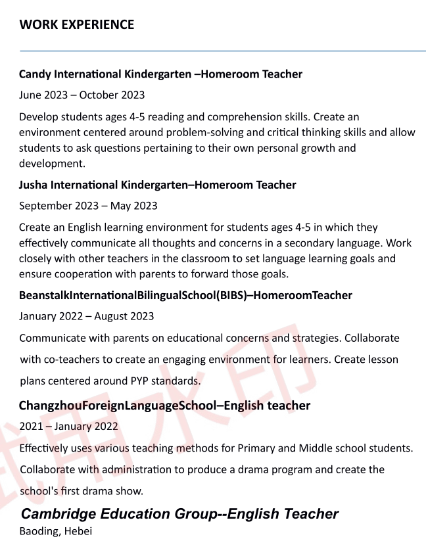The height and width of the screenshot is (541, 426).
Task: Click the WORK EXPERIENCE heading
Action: point(76,25)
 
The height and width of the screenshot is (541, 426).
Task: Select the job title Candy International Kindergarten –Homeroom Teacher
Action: point(160,74)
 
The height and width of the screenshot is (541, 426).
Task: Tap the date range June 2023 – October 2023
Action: point(82,95)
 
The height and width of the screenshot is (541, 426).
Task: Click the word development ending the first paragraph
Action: point(51,164)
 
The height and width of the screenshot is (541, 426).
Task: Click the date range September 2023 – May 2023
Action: point(88,206)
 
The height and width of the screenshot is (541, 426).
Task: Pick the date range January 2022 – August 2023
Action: point(86,316)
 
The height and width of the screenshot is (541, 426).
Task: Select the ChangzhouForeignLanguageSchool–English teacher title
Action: point(164,406)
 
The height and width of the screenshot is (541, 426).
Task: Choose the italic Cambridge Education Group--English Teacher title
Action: point(179,514)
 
